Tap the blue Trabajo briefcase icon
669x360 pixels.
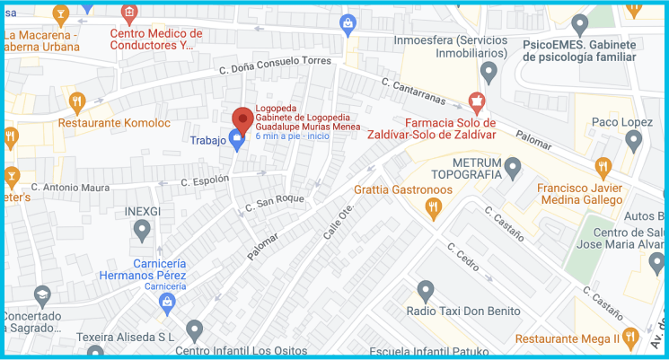(x=237, y=140)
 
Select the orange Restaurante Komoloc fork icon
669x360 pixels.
(x=77, y=101)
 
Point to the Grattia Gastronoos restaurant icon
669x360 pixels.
(x=434, y=209)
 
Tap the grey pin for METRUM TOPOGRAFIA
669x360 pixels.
(x=513, y=166)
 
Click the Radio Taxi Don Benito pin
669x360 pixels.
(x=426, y=290)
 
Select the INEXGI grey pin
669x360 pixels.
(x=141, y=231)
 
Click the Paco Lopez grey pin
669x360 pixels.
(x=633, y=140)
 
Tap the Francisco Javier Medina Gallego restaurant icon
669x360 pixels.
(x=602, y=166)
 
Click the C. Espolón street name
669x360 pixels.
(x=207, y=181)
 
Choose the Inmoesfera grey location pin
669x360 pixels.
(x=489, y=71)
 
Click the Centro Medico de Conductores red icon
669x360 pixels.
(x=129, y=13)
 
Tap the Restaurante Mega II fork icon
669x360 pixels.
(x=630, y=338)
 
